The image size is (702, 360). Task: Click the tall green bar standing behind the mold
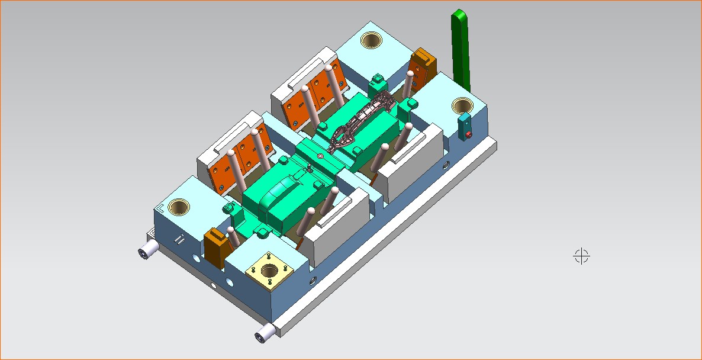461,50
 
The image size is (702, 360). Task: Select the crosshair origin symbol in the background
582,256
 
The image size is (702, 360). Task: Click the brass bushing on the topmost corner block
371,41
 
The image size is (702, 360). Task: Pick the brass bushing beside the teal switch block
462,106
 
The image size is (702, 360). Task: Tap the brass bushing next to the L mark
178,207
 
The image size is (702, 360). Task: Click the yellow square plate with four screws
269,272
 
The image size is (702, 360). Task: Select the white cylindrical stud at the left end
147,251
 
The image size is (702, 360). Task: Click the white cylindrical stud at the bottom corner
263,335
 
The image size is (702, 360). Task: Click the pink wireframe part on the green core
361,118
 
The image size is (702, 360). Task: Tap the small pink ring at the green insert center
320,156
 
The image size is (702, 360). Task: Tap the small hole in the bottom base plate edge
214,285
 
